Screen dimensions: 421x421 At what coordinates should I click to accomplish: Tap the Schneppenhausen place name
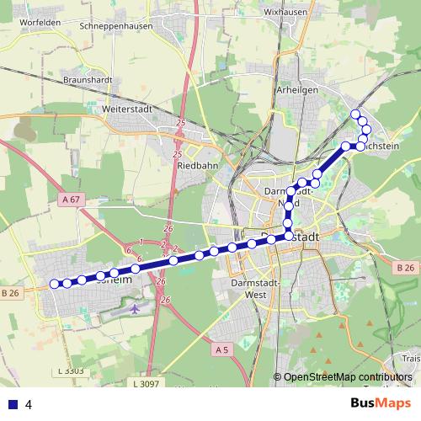[x=115, y=26]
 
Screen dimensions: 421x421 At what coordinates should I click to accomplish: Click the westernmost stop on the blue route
[x=55, y=284]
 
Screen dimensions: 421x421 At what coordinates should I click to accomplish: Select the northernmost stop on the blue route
[x=355, y=115]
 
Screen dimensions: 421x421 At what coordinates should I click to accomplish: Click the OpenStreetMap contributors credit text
[x=348, y=376]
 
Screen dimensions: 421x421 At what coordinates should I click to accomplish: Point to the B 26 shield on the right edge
[x=405, y=268]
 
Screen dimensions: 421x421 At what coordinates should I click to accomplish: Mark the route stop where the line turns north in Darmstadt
[x=289, y=237]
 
